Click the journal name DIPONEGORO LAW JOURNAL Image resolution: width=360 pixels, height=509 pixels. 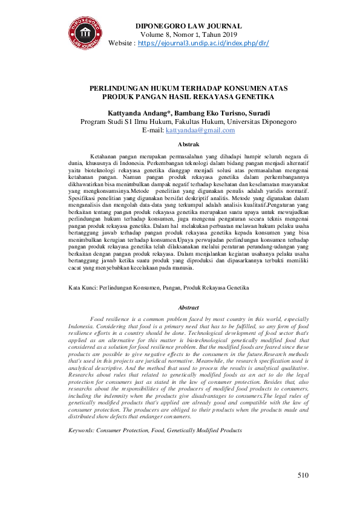click(188, 26)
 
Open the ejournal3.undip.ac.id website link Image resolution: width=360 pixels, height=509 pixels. click(203, 44)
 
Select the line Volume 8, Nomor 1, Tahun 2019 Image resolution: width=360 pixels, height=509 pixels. click(188, 35)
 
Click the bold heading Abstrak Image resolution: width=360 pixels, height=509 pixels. click(188, 144)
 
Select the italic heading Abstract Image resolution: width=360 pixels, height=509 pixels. click(188, 308)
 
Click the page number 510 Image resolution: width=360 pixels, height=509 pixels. click(303, 475)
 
